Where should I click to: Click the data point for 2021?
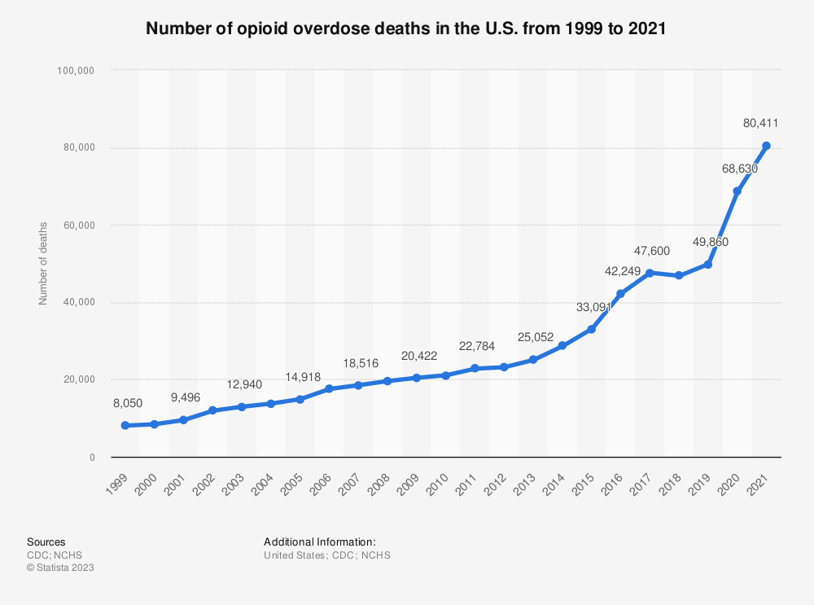tap(766, 146)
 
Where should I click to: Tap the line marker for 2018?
tap(679, 275)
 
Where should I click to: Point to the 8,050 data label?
tap(124, 402)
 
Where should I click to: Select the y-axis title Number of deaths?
tap(43, 263)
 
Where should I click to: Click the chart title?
tap(406, 28)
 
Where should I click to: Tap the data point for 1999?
tap(125, 425)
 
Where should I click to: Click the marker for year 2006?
tap(329, 389)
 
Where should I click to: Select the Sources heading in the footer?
tap(46, 541)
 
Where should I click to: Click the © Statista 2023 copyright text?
tap(60, 568)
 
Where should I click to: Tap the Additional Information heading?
tap(320, 541)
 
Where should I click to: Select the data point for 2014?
tap(562, 346)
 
